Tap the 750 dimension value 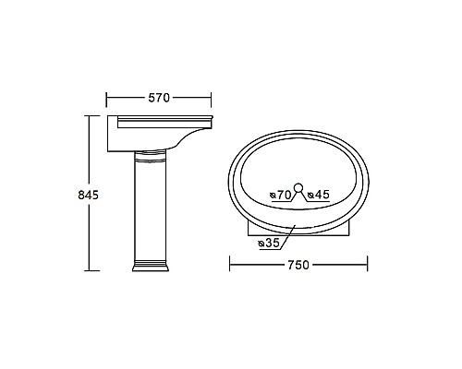pos(298,265)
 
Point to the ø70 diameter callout pos(281,195)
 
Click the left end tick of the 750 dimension pos(229,265)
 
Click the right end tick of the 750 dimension pos(368,265)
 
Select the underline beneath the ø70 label pos(281,200)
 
